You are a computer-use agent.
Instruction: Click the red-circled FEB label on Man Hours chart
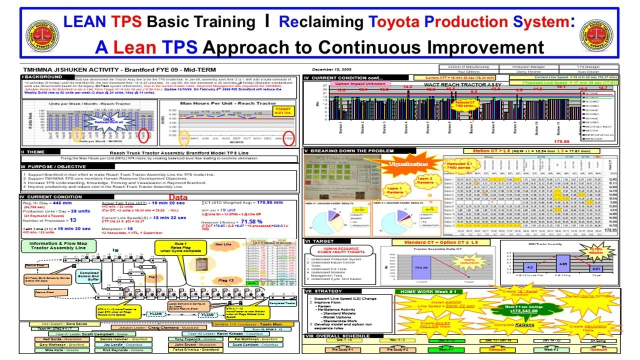[x=288, y=135]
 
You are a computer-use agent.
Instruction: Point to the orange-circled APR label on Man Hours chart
[x=184, y=135]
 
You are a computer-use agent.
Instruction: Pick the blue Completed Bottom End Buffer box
[x=88, y=276]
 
